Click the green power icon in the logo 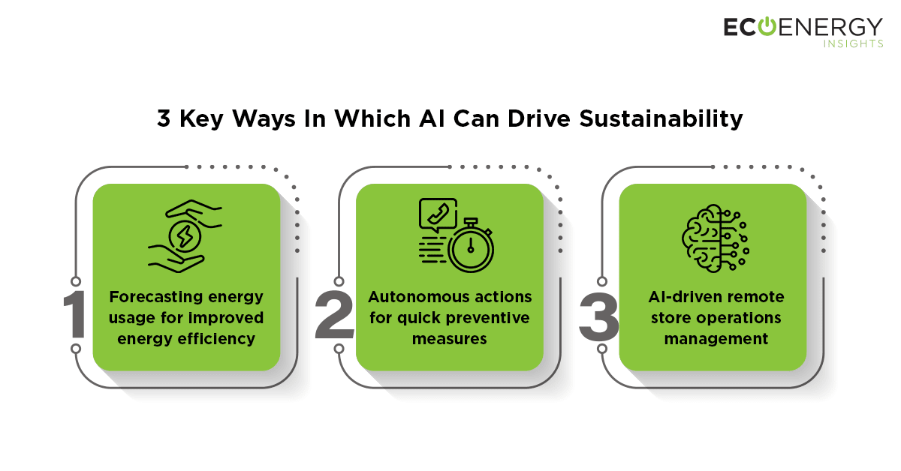(x=767, y=26)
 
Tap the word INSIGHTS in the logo (x=853, y=43)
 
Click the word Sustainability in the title (x=661, y=119)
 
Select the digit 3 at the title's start (x=164, y=118)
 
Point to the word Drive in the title (x=538, y=118)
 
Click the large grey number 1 (x=75, y=314)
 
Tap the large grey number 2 (x=334, y=314)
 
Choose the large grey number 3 (x=598, y=316)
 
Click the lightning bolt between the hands (x=185, y=236)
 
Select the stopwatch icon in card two (x=471, y=246)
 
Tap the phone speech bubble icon (x=438, y=215)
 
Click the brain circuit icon (x=715, y=238)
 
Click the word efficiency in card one (x=216, y=339)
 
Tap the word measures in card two (x=449, y=339)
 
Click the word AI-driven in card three (x=683, y=297)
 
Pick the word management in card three (x=716, y=339)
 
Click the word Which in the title (x=372, y=118)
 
